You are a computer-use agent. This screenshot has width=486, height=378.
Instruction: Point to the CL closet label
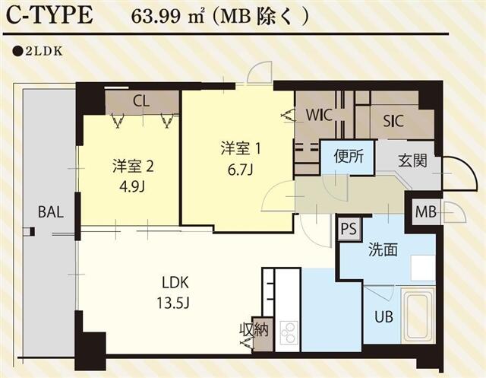[141, 100]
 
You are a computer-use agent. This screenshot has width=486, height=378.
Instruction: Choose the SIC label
[393, 119]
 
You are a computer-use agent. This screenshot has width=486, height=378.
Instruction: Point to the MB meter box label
[426, 212]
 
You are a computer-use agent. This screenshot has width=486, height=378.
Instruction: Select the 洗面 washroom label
[383, 249]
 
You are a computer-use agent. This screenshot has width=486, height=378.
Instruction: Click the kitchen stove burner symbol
[289, 332]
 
